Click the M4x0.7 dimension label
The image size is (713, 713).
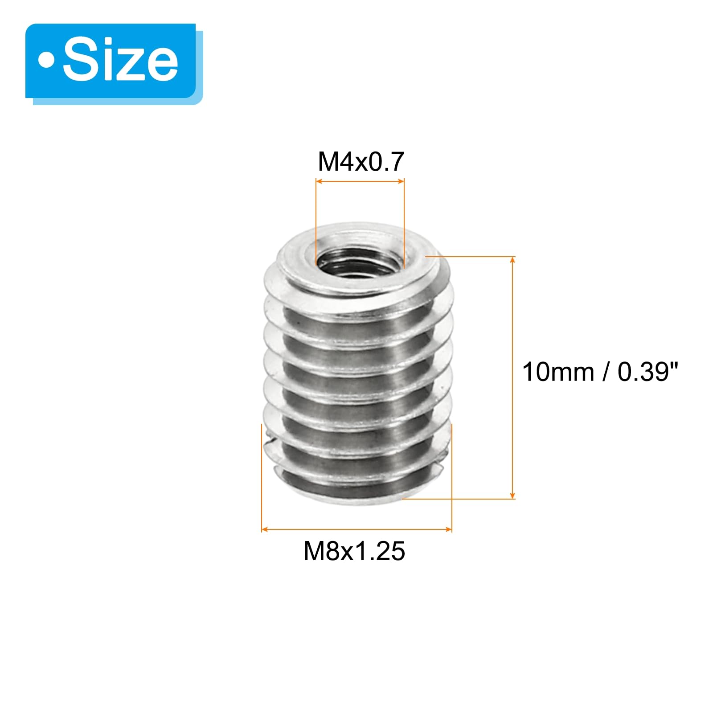point(361,161)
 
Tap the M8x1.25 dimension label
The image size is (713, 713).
point(354,551)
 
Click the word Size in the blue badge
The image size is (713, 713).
point(121,61)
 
